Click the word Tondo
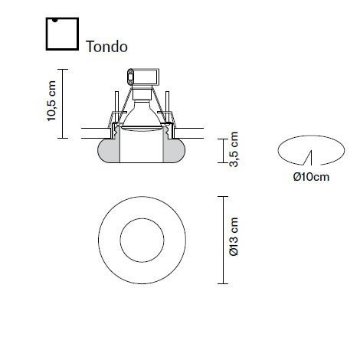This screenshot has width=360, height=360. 106,47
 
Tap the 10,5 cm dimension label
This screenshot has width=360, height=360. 51,101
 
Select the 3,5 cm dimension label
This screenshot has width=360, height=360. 234,149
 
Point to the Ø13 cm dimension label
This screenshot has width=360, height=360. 234,237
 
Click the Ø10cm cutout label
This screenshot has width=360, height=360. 311,177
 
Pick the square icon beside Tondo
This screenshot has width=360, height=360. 62,34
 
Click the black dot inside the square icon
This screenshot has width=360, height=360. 54,20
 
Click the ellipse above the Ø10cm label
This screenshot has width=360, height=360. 311,136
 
